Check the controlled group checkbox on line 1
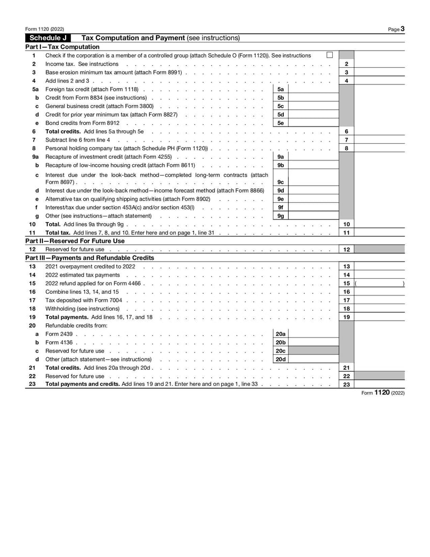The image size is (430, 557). [329, 55]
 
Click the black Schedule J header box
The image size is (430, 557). [48, 38]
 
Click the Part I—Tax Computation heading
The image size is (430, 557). [62, 47]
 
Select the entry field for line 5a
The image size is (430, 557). [313, 89]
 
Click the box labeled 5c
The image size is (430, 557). [281, 106]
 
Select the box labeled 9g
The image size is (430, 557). [281, 216]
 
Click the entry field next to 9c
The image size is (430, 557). [313, 182]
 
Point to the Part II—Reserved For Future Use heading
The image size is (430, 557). [75, 241]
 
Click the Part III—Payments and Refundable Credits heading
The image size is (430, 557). [90, 258]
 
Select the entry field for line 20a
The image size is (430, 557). [313, 334]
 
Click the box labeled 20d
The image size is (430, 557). [281, 359]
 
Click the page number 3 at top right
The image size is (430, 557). [402, 29]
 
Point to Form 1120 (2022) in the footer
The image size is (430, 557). [383, 393]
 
